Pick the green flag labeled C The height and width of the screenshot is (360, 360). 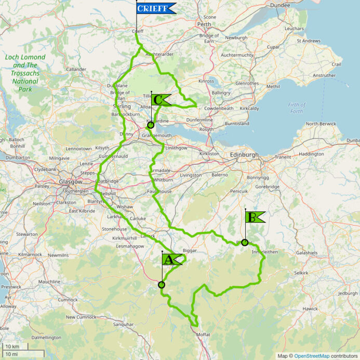161,100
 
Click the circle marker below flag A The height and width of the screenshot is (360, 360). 162,285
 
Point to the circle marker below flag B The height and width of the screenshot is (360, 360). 245,243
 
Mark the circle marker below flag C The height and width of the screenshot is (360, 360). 151,125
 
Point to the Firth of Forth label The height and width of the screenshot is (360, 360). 296,108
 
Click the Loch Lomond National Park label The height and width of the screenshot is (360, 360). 25,73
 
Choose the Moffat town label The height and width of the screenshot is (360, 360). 203,335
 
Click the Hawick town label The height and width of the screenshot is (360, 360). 311,309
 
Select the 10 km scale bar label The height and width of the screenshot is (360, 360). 12,346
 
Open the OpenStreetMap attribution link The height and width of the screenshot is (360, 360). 312,356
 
